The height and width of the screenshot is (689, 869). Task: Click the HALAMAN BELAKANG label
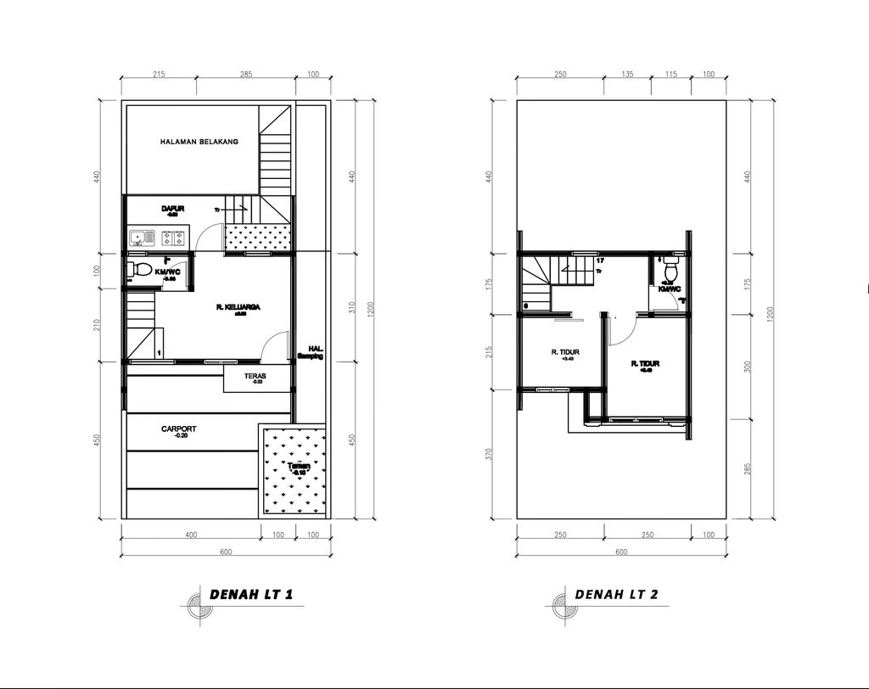[199, 142]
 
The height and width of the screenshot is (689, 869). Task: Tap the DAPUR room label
[173, 208]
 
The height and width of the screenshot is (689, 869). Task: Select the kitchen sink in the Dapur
[139, 238]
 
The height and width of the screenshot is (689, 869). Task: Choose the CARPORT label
[179, 429]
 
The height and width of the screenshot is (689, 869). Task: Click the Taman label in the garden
[297, 468]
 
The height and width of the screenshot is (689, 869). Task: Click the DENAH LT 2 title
[616, 594]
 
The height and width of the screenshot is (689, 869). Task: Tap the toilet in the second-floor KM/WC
[670, 272]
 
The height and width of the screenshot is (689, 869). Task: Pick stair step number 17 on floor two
[600, 260]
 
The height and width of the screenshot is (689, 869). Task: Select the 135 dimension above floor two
[627, 76]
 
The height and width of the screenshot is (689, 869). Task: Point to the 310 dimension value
[351, 307]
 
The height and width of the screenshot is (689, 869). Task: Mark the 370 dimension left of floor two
[489, 454]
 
